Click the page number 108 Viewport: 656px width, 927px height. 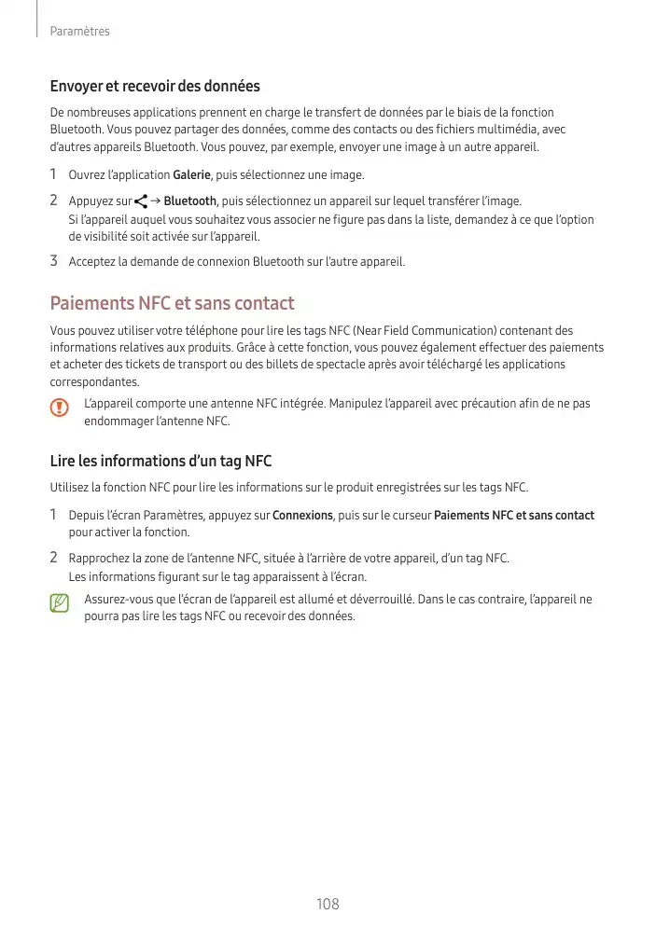click(328, 904)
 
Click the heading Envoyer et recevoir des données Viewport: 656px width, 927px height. click(155, 87)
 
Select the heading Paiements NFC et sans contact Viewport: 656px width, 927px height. click(172, 303)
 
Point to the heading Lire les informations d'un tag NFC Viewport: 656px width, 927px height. click(161, 461)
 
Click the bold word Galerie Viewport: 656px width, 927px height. click(192, 175)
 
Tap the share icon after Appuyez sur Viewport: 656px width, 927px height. click(141, 201)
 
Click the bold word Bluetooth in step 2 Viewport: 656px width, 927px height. click(189, 201)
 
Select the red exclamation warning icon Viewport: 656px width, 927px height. click(60, 408)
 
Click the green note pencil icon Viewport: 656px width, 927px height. click(60, 605)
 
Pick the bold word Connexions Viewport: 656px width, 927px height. click(302, 516)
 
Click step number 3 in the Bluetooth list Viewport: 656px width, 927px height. click(54, 260)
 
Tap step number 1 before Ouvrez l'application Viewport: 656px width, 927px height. click(54, 174)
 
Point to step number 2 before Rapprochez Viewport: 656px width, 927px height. click(54, 558)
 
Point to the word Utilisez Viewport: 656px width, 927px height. click(69, 488)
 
